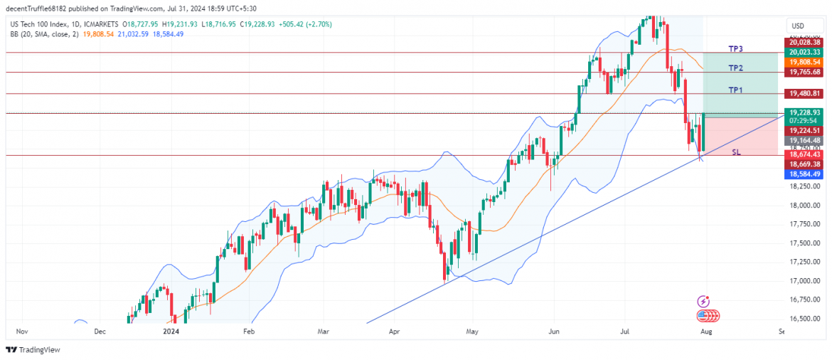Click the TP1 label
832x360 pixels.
tap(735, 90)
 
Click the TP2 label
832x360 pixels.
tap(735, 68)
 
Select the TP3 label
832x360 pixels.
tap(735, 49)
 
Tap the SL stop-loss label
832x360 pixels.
tap(736, 152)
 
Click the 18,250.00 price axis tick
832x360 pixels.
tap(804, 186)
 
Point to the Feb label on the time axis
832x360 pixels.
tap(248, 332)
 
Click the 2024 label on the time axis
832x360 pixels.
tap(171, 332)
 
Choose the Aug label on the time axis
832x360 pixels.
tap(705, 332)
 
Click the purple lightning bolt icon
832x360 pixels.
tap(703, 302)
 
